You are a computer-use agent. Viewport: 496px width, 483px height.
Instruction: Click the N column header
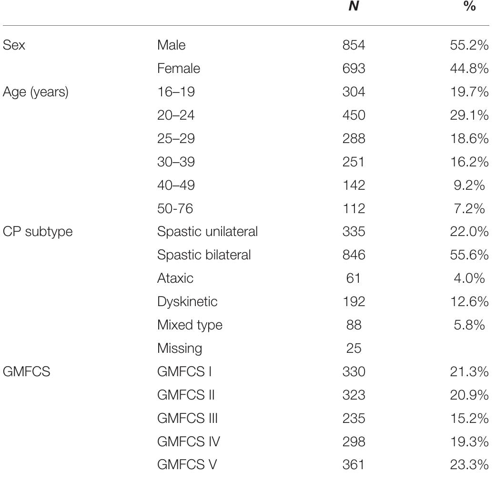354,8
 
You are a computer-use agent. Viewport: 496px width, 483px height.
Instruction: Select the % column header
469,8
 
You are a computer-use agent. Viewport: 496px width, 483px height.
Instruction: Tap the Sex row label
14,45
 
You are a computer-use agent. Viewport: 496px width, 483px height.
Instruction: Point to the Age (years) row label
35,92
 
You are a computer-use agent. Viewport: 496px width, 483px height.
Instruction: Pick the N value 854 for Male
354,45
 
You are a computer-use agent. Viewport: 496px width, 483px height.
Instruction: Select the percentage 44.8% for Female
469,69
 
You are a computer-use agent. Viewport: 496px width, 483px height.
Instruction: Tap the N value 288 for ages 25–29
354,139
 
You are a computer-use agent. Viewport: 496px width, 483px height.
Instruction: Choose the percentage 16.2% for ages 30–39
469,162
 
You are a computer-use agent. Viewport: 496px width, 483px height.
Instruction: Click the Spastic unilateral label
207,232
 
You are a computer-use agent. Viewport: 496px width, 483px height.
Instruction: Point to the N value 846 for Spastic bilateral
354,255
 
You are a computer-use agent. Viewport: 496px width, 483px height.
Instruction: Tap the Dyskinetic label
187,301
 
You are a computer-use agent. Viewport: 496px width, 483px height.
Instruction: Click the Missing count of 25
354,348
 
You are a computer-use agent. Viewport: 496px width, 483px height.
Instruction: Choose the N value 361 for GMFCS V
354,465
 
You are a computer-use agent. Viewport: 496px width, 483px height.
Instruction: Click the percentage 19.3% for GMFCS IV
469,442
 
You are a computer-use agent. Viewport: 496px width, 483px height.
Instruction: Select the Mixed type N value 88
354,325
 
